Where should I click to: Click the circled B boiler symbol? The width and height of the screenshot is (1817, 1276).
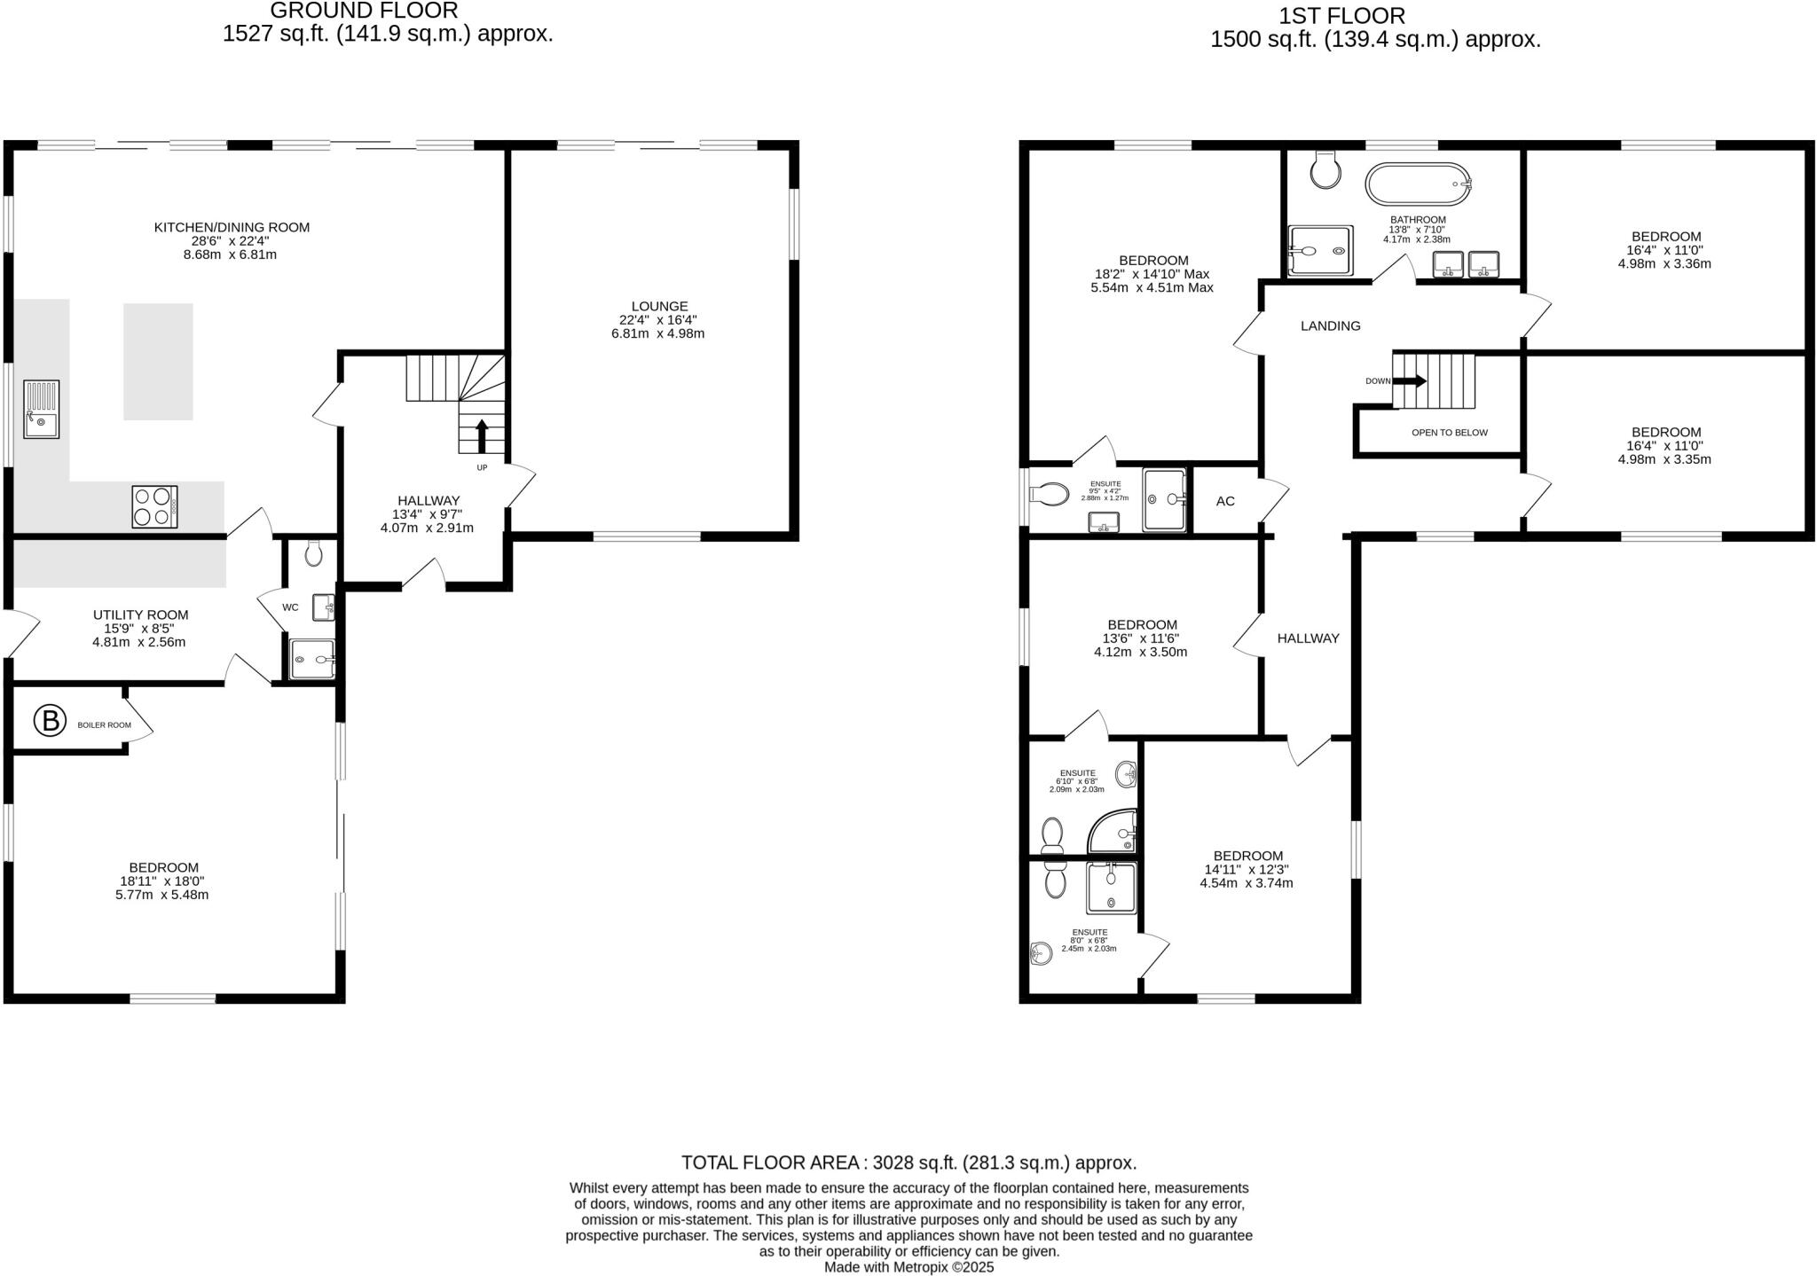click(51, 721)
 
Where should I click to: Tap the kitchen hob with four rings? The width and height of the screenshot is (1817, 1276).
click(154, 507)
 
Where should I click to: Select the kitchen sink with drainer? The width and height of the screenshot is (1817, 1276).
click(42, 409)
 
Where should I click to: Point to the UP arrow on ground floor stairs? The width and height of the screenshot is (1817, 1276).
click(482, 436)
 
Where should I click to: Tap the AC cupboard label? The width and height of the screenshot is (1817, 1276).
click(1225, 501)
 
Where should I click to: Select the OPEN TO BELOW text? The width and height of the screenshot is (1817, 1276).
click(1450, 433)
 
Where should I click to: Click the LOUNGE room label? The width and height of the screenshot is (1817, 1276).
click(660, 306)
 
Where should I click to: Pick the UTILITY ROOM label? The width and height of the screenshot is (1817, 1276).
click(140, 615)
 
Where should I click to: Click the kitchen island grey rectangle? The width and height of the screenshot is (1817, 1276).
click(158, 361)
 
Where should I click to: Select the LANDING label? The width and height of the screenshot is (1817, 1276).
click(1330, 325)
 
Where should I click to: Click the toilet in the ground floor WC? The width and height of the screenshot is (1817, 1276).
click(313, 554)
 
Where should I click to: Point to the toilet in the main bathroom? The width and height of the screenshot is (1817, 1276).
click(1325, 169)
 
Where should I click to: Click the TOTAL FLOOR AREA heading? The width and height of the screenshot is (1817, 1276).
click(908, 1162)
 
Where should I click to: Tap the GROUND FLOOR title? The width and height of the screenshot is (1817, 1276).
click(364, 12)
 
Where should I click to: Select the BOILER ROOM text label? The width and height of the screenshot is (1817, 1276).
click(104, 725)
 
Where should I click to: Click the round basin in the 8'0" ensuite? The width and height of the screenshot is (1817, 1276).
click(1042, 954)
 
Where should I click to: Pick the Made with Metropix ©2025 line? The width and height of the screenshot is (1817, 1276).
click(908, 1267)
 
